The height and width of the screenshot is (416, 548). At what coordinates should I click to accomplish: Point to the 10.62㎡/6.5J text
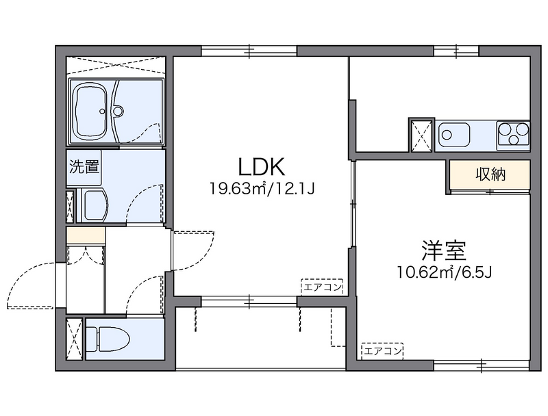coord(445,272)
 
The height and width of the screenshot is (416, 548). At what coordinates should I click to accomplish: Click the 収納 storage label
coord(490,174)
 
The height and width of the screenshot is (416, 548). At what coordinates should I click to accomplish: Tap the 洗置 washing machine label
coord(84,166)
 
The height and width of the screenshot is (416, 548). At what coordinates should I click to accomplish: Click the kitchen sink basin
coord(453,133)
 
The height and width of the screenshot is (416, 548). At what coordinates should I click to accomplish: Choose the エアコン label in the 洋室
coord(382,351)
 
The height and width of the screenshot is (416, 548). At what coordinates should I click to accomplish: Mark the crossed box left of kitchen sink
coord(421,134)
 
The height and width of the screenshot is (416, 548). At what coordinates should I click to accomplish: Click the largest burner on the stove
coord(521,129)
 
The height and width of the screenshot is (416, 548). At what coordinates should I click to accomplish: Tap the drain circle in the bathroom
coord(117,110)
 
